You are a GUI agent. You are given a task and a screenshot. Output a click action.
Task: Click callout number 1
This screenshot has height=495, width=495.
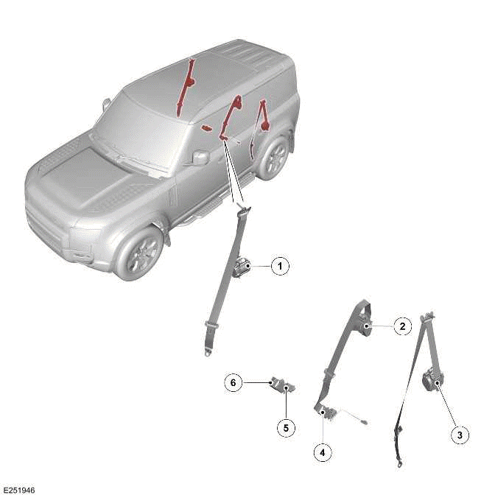coord(279,266)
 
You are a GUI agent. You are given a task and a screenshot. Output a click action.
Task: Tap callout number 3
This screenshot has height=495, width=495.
coord(459,435)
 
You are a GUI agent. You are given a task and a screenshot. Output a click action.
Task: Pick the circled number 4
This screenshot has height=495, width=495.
coord(322,452)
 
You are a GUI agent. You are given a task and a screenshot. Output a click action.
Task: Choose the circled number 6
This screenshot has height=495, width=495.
coord(233,383)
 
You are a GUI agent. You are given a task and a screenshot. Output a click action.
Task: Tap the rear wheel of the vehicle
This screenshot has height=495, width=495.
coord(275,156)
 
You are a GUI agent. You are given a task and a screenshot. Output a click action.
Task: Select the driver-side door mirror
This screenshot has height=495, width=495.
coord(199,157)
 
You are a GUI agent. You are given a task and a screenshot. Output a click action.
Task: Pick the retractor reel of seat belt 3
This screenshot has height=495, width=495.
coord(431,382)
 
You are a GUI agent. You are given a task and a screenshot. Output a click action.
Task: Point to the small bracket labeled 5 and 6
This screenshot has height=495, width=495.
coord(282,385)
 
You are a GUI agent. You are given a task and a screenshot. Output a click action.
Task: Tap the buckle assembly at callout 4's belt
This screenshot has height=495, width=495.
coord(329,414)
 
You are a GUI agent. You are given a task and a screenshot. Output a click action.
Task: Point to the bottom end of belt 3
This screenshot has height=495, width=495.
coord(399,462)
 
